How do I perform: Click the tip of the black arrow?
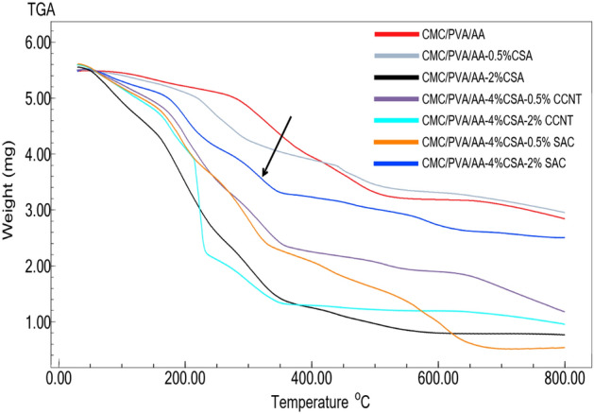263,177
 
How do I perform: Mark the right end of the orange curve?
564,348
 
